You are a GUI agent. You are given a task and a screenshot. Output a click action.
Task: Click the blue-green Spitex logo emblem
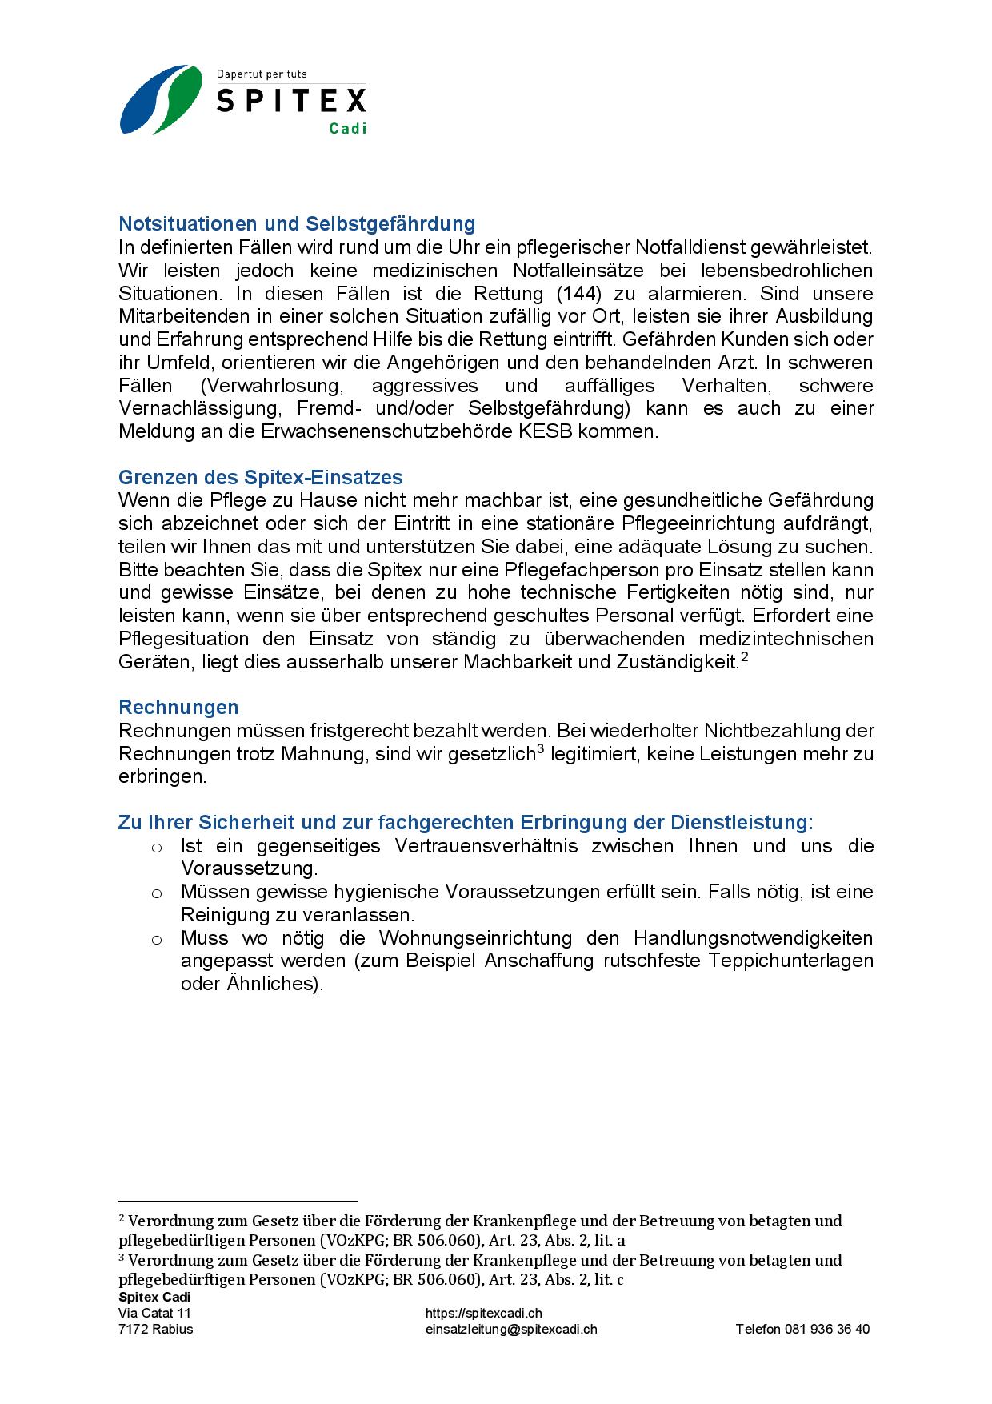click(161, 99)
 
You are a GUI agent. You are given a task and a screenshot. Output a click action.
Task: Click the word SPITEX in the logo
click(291, 101)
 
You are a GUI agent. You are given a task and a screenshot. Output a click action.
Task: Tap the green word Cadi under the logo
click(347, 128)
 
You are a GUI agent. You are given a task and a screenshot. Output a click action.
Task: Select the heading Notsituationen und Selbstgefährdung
click(297, 223)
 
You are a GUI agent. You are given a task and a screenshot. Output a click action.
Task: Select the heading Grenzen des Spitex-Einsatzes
click(260, 477)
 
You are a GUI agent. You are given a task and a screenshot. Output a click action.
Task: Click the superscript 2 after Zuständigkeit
click(744, 658)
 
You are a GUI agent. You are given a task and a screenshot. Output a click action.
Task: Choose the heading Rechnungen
click(178, 707)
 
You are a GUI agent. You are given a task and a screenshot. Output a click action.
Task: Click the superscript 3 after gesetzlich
click(540, 749)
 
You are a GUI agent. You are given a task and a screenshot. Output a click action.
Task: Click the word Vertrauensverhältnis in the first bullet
click(486, 846)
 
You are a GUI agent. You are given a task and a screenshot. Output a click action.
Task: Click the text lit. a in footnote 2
click(610, 1240)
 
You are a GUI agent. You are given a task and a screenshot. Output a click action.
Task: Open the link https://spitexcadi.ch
click(483, 1313)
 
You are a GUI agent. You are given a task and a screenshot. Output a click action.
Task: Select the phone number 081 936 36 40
click(828, 1329)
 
